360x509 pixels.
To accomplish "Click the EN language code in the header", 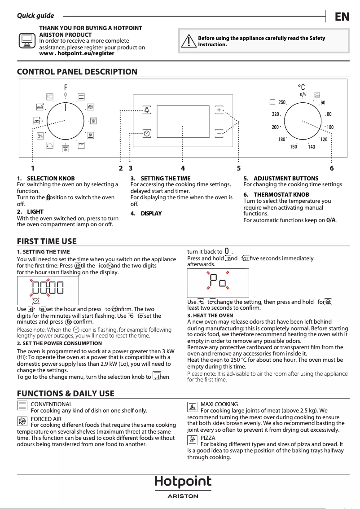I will [x=342, y=17].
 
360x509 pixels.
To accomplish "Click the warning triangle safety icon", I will [x=189, y=41].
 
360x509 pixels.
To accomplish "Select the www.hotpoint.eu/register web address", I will [x=77, y=53].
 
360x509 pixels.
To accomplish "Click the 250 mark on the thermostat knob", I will [x=281, y=103].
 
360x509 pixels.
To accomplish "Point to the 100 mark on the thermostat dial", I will [x=330, y=127].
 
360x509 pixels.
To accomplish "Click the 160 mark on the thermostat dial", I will [x=294, y=147].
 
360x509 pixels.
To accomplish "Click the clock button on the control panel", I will [x=147, y=133].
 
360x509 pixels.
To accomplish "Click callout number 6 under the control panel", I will [x=331, y=168].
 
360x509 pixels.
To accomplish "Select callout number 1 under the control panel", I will [x=33, y=168].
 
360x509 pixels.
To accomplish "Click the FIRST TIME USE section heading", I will [x=47, y=241].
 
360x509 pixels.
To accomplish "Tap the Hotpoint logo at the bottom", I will [x=183, y=482].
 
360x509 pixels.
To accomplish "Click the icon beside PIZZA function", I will [x=192, y=440].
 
